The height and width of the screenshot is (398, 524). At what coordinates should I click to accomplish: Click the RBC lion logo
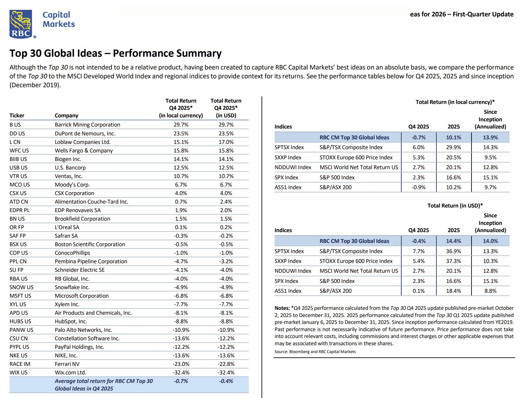pyautogui.click(x=21, y=24)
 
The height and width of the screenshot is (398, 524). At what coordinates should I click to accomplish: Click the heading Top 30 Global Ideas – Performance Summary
pyautogui.click(x=115, y=53)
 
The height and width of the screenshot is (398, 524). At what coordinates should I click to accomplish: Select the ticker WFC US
pyautogui.click(x=19, y=150)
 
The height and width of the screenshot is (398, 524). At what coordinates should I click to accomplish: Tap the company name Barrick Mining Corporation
pyautogui.click(x=87, y=125)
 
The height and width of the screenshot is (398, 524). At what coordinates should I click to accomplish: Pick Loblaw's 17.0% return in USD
pyautogui.click(x=226, y=142)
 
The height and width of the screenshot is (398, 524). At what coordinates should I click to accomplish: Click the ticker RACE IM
pyautogui.click(x=20, y=364)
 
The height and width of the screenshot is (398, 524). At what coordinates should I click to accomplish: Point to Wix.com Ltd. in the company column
pyautogui.click(x=71, y=372)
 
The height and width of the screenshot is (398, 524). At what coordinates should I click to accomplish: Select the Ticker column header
pyautogui.click(x=17, y=115)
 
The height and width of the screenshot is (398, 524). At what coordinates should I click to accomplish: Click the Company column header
pyautogui.click(x=66, y=115)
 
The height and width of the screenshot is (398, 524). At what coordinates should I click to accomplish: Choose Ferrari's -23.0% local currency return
pyautogui.click(x=181, y=364)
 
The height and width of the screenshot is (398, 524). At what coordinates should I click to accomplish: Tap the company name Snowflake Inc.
pyautogui.click(x=72, y=287)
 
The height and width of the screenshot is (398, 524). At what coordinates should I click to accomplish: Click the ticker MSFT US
pyautogui.click(x=20, y=296)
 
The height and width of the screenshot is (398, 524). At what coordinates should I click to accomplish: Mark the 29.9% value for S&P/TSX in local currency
pyautogui.click(x=453, y=148)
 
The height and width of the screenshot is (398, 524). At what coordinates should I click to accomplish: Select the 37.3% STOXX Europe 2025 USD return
pyautogui.click(x=453, y=261)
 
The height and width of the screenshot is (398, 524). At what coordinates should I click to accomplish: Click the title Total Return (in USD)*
pyautogui.click(x=455, y=206)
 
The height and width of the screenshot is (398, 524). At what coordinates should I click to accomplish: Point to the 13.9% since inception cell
pyautogui.click(x=490, y=137)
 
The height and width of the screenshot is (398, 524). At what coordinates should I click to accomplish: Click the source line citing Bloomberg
pyautogui.click(x=315, y=352)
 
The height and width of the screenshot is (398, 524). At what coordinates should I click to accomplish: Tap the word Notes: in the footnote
pyautogui.click(x=282, y=308)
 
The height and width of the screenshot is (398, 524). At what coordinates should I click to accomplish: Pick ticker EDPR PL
pyautogui.click(x=19, y=210)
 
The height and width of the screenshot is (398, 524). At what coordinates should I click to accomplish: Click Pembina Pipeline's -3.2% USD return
pyautogui.click(x=226, y=261)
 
